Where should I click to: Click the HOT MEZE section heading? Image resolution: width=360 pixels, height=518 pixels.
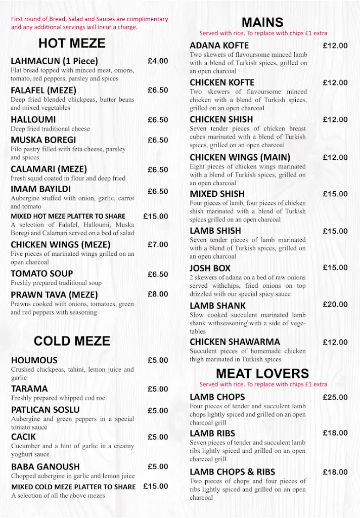[72, 43]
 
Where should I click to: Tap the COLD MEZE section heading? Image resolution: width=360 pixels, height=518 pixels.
[72, 341]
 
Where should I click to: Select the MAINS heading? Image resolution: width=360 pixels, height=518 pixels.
[262, 22]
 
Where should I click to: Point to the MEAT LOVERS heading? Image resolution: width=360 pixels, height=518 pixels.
[262, 374]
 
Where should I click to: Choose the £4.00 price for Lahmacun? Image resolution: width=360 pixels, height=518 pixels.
[158, 61]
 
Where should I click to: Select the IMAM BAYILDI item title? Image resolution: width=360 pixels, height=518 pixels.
[41, 190]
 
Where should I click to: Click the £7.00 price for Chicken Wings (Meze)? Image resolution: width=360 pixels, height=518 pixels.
[158, 244]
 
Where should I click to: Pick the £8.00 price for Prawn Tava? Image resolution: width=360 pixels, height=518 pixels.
[158, 294]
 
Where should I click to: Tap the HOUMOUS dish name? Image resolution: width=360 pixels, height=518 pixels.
[34, 361]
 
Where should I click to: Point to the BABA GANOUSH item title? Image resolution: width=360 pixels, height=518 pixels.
[46, 466]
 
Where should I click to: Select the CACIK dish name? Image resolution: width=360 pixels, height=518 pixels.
[24, 437]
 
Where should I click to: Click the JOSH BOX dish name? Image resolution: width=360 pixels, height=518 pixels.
[210, 268]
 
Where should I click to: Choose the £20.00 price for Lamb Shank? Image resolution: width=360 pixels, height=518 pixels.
[335, 305]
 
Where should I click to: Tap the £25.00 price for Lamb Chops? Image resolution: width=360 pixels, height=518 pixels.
[335, 397]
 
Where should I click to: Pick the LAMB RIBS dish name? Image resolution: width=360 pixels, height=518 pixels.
[212, 434]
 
